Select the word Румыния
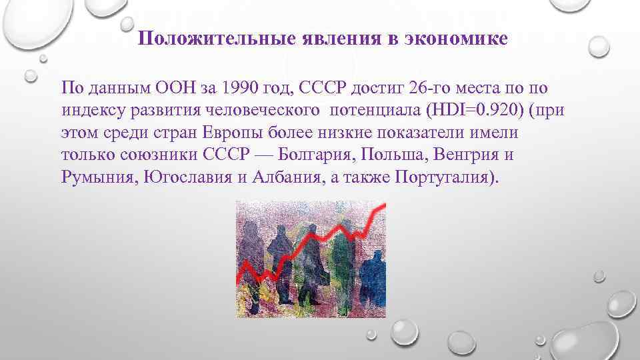[x=96, y=179]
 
